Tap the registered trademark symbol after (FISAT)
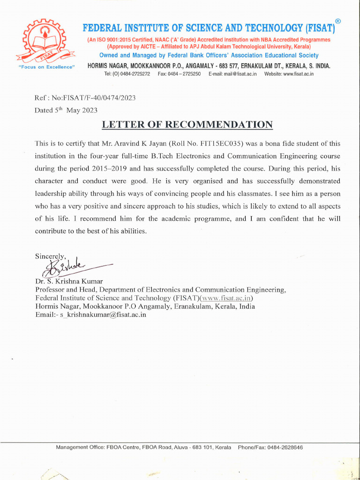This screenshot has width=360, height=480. [x=337, y=21]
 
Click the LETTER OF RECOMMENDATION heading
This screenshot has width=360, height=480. [x=187, y=125]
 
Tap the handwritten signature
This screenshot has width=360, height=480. [x=66, y=269]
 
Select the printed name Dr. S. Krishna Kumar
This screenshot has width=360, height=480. [x=69, y=281]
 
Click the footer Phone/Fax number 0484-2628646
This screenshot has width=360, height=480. [x=285, y=448]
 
